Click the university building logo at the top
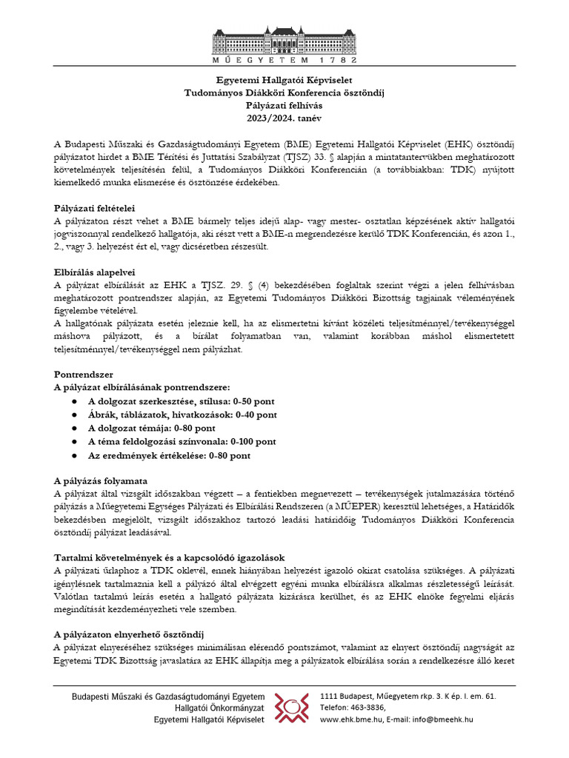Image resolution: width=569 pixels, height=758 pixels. point(284,44)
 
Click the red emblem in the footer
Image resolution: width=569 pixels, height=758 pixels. point(292,708)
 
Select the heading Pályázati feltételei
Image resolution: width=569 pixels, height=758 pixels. point(95,208)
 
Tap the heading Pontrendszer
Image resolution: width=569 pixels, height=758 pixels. point(83,374)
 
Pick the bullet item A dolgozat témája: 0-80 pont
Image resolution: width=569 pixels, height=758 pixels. point(152,428)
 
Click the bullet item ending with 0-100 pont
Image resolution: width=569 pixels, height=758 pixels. point(182,442)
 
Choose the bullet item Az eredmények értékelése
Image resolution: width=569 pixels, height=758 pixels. point(169,456)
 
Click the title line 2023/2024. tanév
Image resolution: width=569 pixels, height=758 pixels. point(284,118)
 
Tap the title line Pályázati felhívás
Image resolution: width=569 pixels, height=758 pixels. point(284,105)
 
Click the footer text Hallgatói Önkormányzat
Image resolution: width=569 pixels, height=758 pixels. point(215,708)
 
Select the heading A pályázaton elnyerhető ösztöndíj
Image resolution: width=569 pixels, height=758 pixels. point(135,634)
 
